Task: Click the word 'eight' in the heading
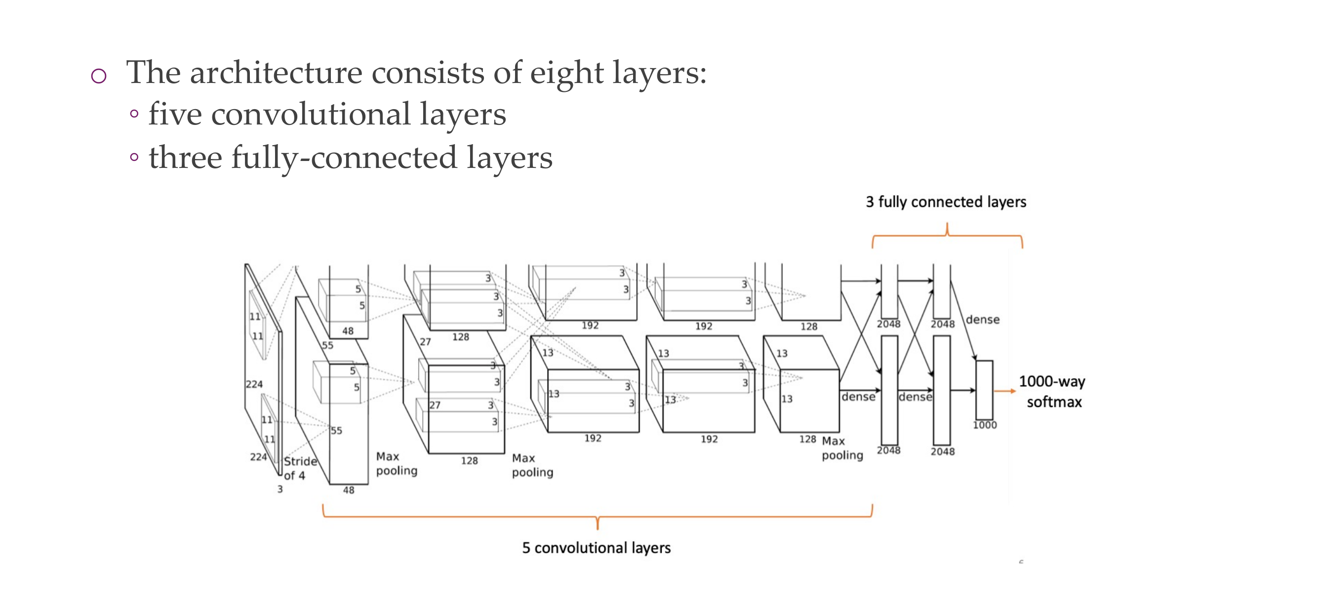pyautogui.click(x=566, y=73)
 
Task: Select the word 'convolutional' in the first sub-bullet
pyautogui.click(x=311, y=114)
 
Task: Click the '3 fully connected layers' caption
pyautogui.click(x=946, y=202)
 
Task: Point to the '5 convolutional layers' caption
pyautogui.click(x=596, y=548)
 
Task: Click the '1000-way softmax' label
pyautogui.click(x=1052, y=392)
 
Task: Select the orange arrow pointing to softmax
pyautogui.click(x=1004, y=391)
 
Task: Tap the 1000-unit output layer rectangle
pyautogui.click(x=984, y=390)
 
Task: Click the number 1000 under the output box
pyautogui.click(x=985, y=425)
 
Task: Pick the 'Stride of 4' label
pyautogui.click(x=300, y=468)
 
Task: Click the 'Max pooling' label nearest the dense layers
pyautogui.click(x=842, y=448)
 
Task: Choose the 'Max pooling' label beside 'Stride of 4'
pyautogui.click(x=396, y=464)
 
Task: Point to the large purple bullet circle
pyautogui.click(x=99, y=76)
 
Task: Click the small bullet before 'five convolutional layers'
pyautogui.click(x=134, y=114)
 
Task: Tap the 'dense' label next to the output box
pyautogui.click(x=982, y=319)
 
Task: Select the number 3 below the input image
pyautogui.click(x=279, y=489)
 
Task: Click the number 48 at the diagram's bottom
pyautogui.click(x=348, y=490)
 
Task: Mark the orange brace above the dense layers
pyautogui.click(x=947, y=235)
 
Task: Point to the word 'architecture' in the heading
pyautogui.click(x=276, y=73)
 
